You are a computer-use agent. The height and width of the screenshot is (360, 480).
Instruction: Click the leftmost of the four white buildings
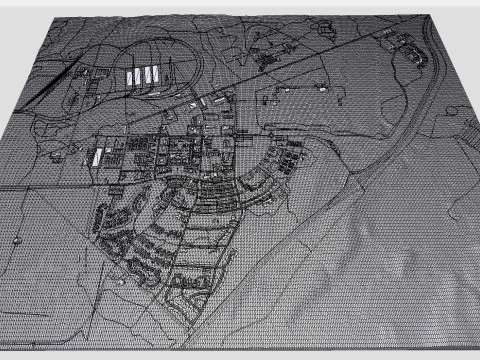coord(131,77)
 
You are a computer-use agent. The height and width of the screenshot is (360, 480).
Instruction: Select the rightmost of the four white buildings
coord(162,72)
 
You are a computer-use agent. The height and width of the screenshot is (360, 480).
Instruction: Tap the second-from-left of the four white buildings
coord(141,75)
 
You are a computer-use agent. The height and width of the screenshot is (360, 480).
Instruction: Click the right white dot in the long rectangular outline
coord(325,89)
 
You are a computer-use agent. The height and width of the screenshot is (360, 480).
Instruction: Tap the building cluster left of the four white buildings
coord(85,77)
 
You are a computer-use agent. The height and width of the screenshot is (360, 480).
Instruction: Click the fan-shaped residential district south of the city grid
coord(170,240)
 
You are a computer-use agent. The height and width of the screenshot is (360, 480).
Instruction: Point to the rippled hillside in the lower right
coord(400,260)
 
